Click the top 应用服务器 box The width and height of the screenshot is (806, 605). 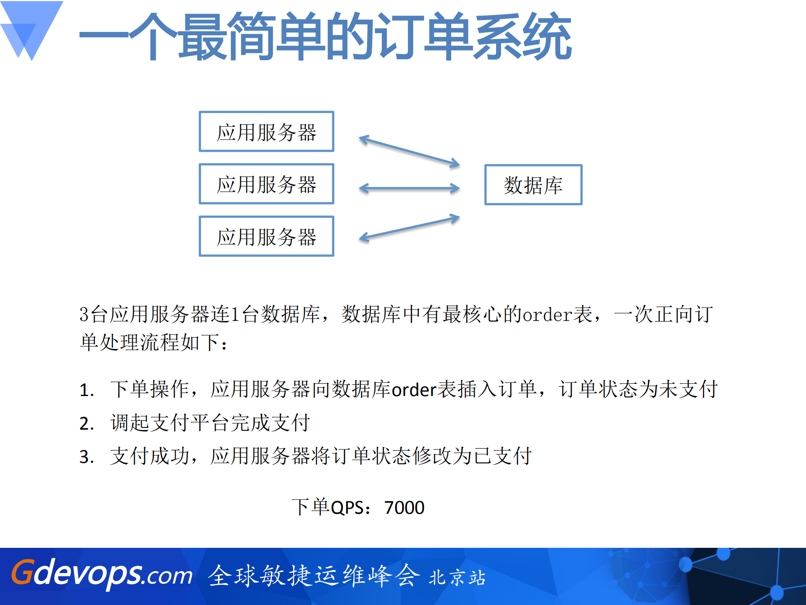click(266, 132)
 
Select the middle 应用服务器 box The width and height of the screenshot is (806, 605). click(266, 184)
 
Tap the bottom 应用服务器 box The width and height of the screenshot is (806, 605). click(266, 236)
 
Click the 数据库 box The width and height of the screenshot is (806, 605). click(533, 185)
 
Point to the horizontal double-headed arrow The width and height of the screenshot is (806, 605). click(410, 188)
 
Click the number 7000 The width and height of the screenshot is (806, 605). click(404, 508)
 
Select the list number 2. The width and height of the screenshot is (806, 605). click(86, 424)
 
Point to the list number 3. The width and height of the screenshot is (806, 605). click(86, 457)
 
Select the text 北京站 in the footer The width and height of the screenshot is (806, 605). click(457, 578)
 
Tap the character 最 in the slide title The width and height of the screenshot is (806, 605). click(203, 37)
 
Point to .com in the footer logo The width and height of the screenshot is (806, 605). click(167, 576)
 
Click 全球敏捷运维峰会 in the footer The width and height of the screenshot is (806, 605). click(314, 576)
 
